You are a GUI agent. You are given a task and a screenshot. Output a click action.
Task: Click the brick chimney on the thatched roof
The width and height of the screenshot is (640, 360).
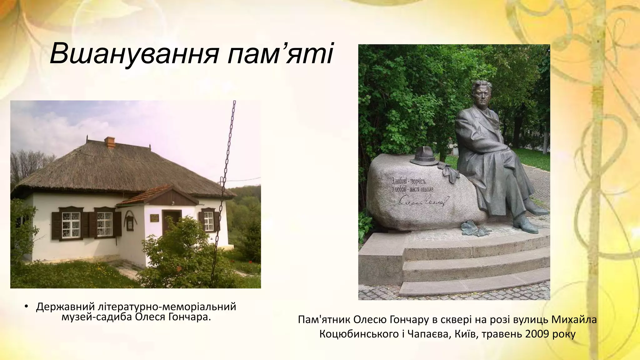pyautogui.click(x=109, y=142)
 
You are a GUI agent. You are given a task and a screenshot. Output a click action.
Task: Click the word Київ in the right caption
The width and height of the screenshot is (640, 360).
pyautogui.click(x=466, y=334)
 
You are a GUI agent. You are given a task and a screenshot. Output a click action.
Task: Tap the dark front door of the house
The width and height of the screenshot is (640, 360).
pyautogui.click(x=171, y=220)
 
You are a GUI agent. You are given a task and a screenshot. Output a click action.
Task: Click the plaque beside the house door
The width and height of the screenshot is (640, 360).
pyautogui.click(x=154, y=218)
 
